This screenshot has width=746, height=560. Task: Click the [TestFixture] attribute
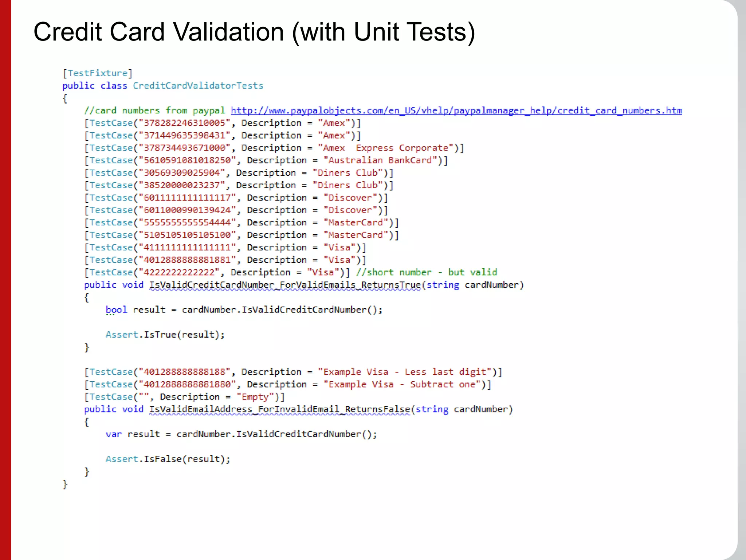[x=97, y=73]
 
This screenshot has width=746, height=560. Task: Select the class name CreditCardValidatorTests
[x=198, y=86]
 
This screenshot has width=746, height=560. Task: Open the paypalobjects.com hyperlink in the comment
[x=456, y=110]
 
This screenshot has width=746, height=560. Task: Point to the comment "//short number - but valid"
[x=426, y=272]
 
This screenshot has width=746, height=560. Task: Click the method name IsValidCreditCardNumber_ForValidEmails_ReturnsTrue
[x=285, y=285]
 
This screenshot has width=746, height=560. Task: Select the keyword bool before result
[x=116, y=310]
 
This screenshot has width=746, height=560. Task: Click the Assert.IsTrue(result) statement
[x=165, y=335]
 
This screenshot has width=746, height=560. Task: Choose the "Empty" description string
[x=255, y=397]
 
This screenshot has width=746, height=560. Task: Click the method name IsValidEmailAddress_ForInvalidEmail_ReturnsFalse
[x=279, y=409]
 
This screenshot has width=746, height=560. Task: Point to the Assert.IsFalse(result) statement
[x=168, y=459]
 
